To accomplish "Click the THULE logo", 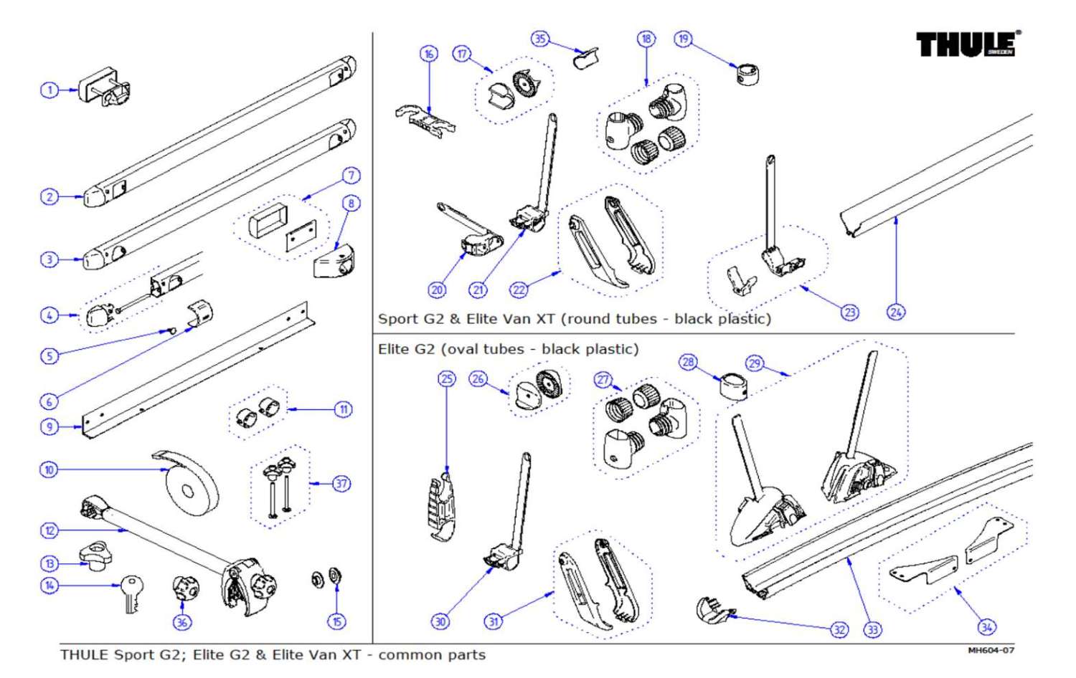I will (x=968, y=44).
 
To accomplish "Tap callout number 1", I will (x=49, y=90).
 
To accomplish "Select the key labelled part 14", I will (x=131, y=591).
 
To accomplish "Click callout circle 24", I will (x=896, y=312).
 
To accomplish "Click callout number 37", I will (x=341, y=484).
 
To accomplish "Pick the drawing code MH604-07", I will (x=991, y=650).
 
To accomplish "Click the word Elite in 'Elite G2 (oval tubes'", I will (x=394, y=349).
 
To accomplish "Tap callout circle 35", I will (x=539, y=39).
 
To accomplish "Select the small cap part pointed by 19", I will (x=747, y=73).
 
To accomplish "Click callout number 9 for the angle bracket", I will (x=49, y=427).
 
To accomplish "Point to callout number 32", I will (x=839, y=630).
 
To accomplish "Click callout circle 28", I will (x=688, y=362).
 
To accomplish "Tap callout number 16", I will (x=428, y=54).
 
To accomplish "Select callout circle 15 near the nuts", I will (x=336, y=622).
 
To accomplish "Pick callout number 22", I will (x=519, y=290).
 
